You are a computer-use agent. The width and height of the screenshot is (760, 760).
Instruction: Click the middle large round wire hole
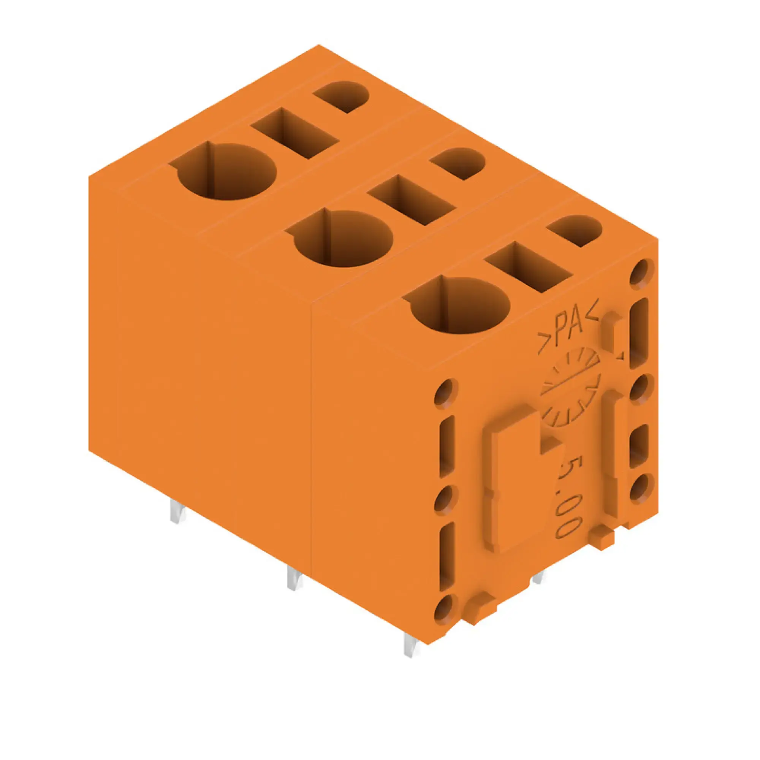(x=344, y=237)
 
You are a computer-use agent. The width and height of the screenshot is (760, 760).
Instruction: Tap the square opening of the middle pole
(x=412, y=200)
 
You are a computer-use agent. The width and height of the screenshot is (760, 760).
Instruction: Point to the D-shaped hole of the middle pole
(x=458, y=163)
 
